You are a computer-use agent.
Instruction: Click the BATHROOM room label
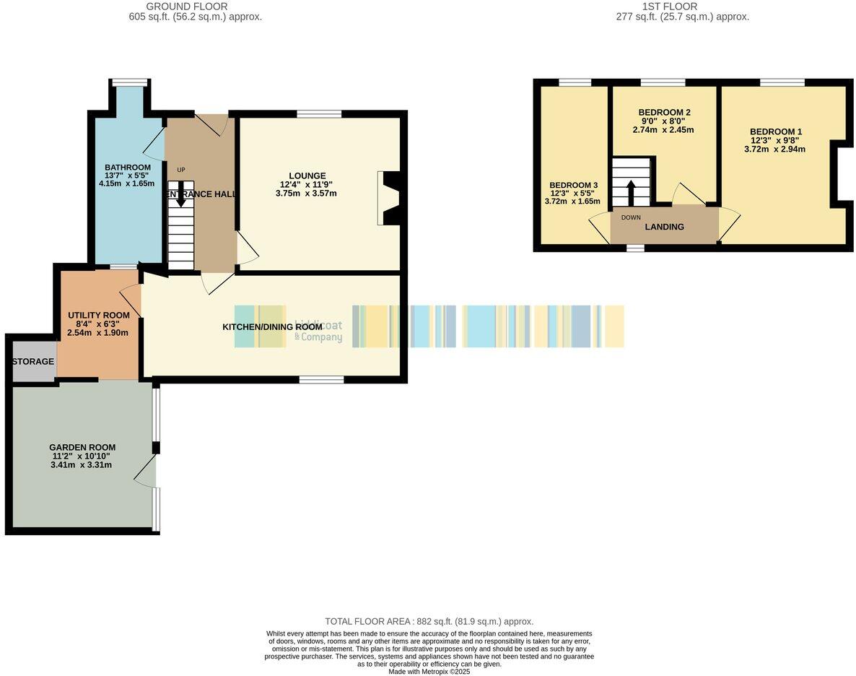(x=128, y=168)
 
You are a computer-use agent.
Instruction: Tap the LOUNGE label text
(x=307, y=175)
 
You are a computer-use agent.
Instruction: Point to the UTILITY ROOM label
(x=98, y=315)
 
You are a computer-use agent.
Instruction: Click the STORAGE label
(x=33, y=361)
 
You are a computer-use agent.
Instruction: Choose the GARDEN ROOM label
(x=82, y=447)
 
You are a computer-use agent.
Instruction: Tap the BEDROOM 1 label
(x=774, y=131)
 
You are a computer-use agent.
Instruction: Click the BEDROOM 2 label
(x=664, y=113)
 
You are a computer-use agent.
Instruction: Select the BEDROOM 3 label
(x=573, y=184)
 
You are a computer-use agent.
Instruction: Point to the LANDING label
(x=664, y=227)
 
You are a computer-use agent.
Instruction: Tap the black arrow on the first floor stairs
(x=631, y=191)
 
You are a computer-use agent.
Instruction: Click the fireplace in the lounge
(x=388, y=199)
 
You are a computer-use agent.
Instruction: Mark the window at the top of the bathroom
(x=130, y=82)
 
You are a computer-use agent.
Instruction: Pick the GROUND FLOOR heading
(x=188, y=6)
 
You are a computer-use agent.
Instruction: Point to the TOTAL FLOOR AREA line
(x=429, y=621)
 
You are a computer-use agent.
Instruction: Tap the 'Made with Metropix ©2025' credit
(x=429, y=671)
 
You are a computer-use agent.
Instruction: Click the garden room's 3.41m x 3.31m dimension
(x=82, y=464)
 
